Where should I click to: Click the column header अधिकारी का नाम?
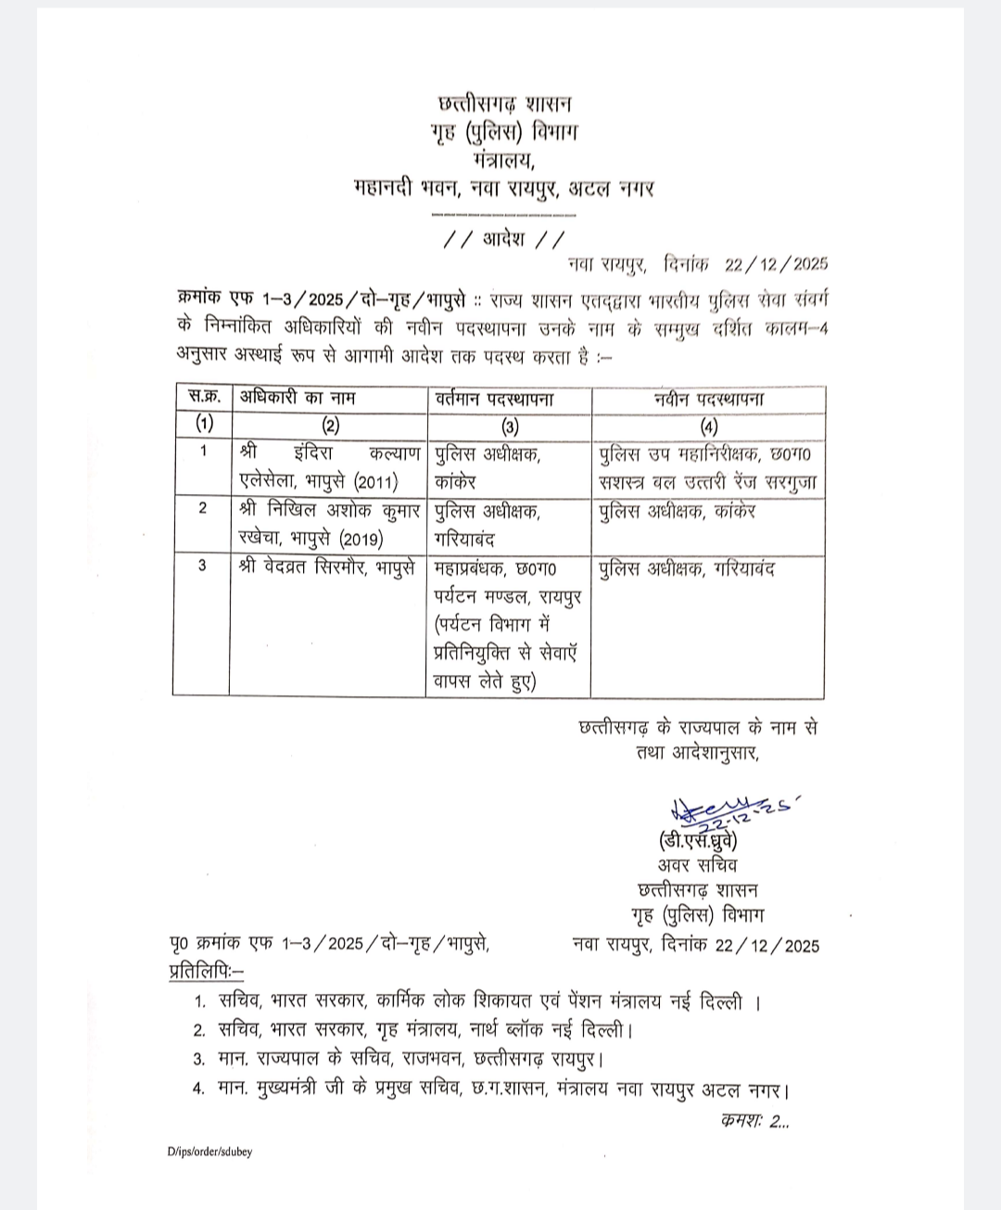(x=298, y=399)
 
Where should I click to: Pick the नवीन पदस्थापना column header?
(x=709, y=399)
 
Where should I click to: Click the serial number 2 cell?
(x=202, y=509)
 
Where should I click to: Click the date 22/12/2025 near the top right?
(x=776, y=264)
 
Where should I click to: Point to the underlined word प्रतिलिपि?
(x=202, y=972)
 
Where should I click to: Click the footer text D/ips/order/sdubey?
(x=209, y=1152)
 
